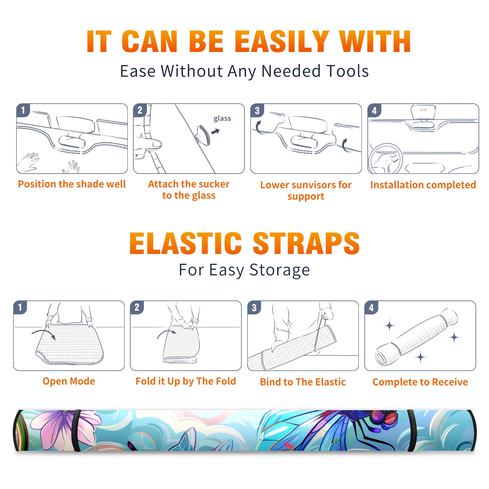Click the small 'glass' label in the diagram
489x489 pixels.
point(222,118)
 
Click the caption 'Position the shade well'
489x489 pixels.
point(72,184)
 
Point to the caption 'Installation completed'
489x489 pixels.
point(423,185)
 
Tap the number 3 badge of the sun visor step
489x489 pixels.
point(257,110)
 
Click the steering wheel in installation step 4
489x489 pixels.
point(385,159)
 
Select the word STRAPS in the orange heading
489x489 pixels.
point(306,243)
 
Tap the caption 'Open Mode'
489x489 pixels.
point(69,381)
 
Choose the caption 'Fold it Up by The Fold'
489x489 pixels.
point(186,381)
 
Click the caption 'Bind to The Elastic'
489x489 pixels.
point(303,382)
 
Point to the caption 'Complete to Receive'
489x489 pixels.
point(420,382)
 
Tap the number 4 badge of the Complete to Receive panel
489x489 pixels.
point(371,307)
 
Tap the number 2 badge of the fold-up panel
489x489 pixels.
point(137,307)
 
